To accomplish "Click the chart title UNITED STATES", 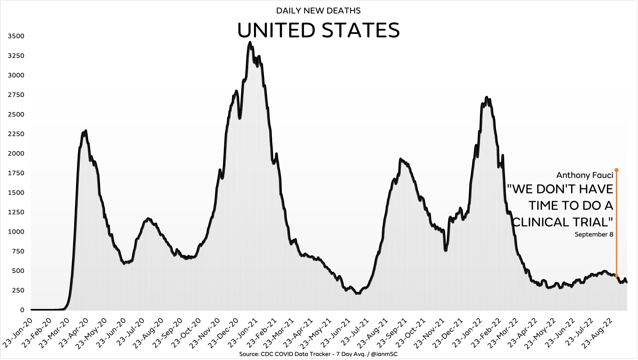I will [318, 30].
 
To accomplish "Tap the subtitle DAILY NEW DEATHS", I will [318, 11].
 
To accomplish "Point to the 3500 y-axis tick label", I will [16, 36].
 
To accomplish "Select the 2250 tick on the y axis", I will [16, 134].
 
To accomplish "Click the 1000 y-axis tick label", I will [16, 232].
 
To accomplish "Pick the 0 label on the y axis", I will [22, 310].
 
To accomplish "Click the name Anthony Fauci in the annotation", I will [585, 175].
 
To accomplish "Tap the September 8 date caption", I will [594, 234].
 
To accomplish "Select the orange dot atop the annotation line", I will [616, 170].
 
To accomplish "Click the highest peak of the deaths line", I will [250, 42].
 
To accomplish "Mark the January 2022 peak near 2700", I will [487, 97].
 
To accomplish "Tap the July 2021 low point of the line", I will [358, 293].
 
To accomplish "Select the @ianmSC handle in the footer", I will [384, 354].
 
